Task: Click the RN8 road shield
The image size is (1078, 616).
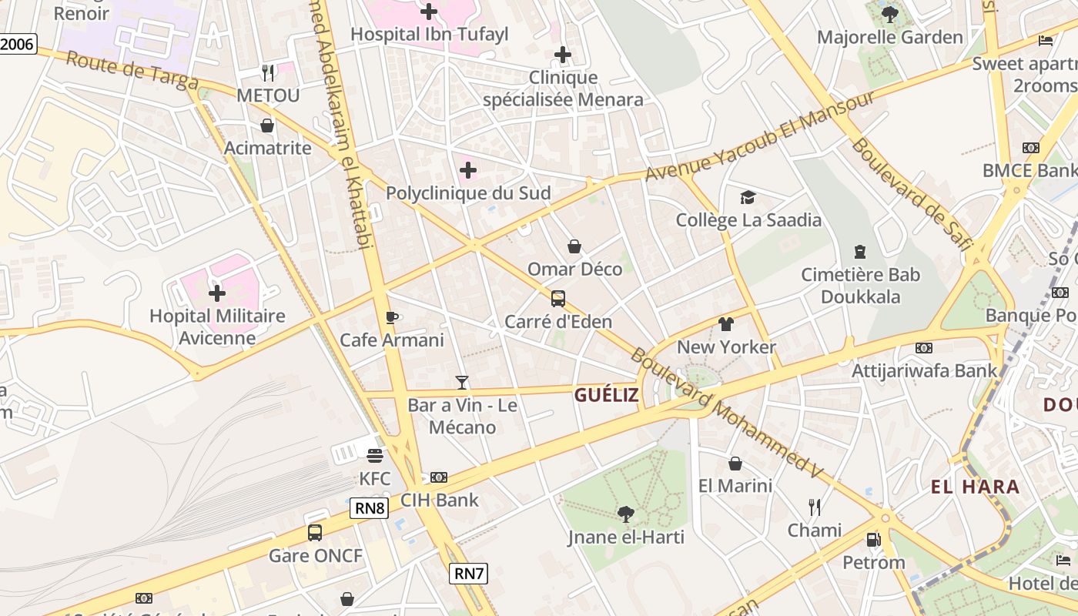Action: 370,508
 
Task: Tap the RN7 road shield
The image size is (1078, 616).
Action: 468,573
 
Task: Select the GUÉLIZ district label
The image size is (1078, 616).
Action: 606,395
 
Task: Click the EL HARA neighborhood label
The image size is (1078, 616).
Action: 975,487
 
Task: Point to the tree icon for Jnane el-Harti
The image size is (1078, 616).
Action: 626,514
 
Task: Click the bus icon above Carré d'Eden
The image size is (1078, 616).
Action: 558,299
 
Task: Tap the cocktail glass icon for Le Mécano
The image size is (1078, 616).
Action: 462,382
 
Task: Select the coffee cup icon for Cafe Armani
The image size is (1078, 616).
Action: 392,317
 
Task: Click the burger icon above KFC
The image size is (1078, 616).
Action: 375,455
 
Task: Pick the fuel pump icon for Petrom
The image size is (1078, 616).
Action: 873,540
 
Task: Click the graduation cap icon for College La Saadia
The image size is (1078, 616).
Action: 748,198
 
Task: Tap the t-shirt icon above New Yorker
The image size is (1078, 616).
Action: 726,324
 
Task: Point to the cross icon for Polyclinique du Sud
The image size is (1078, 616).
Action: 468,170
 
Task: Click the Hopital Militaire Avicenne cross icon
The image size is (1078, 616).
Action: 217,293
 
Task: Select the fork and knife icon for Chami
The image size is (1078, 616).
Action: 814,507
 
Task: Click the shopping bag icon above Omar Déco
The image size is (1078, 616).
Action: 574,246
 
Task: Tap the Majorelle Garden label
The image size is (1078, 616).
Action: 889,37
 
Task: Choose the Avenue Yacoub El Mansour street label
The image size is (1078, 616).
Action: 759,136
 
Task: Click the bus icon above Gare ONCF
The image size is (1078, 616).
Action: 315,532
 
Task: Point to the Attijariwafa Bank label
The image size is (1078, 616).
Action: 924,370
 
